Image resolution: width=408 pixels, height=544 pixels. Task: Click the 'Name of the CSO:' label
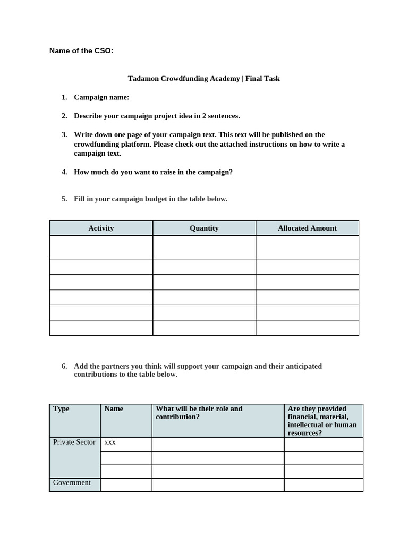pos(81,51)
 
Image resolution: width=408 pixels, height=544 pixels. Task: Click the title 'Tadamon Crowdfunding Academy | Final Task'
pos(203,79)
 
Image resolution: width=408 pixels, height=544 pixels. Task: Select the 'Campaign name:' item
pos(101,97)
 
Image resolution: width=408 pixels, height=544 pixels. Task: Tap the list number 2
pos(64,116)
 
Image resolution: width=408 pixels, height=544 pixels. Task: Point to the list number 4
pos(64,172)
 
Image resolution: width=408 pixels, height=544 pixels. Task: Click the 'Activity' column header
pos(101,228)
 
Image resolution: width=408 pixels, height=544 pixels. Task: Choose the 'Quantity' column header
pos(204,228)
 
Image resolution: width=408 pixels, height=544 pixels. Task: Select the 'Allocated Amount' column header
pos(307,228)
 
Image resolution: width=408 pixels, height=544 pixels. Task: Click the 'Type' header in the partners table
pos(61,409)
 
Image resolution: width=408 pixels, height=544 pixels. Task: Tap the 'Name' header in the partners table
pos(114,409)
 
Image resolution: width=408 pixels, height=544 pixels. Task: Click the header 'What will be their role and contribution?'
pos(199,413)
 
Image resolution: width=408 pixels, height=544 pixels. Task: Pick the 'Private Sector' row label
pos(74,442)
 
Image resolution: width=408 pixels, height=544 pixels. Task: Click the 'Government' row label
pos(72,482)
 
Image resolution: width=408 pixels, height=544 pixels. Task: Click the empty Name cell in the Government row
pos(126,485)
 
